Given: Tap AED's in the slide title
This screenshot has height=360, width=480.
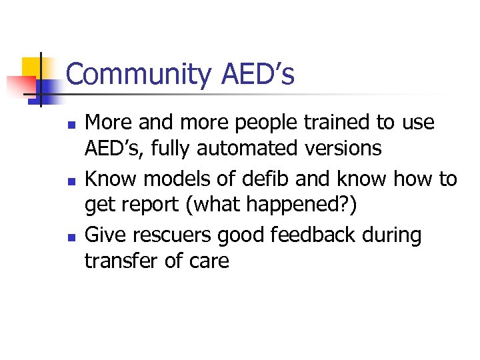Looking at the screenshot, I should point(257,75).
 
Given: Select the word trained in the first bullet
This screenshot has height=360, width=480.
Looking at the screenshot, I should point(315,123).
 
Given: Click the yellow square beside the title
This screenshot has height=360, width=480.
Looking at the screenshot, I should point(32,67).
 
